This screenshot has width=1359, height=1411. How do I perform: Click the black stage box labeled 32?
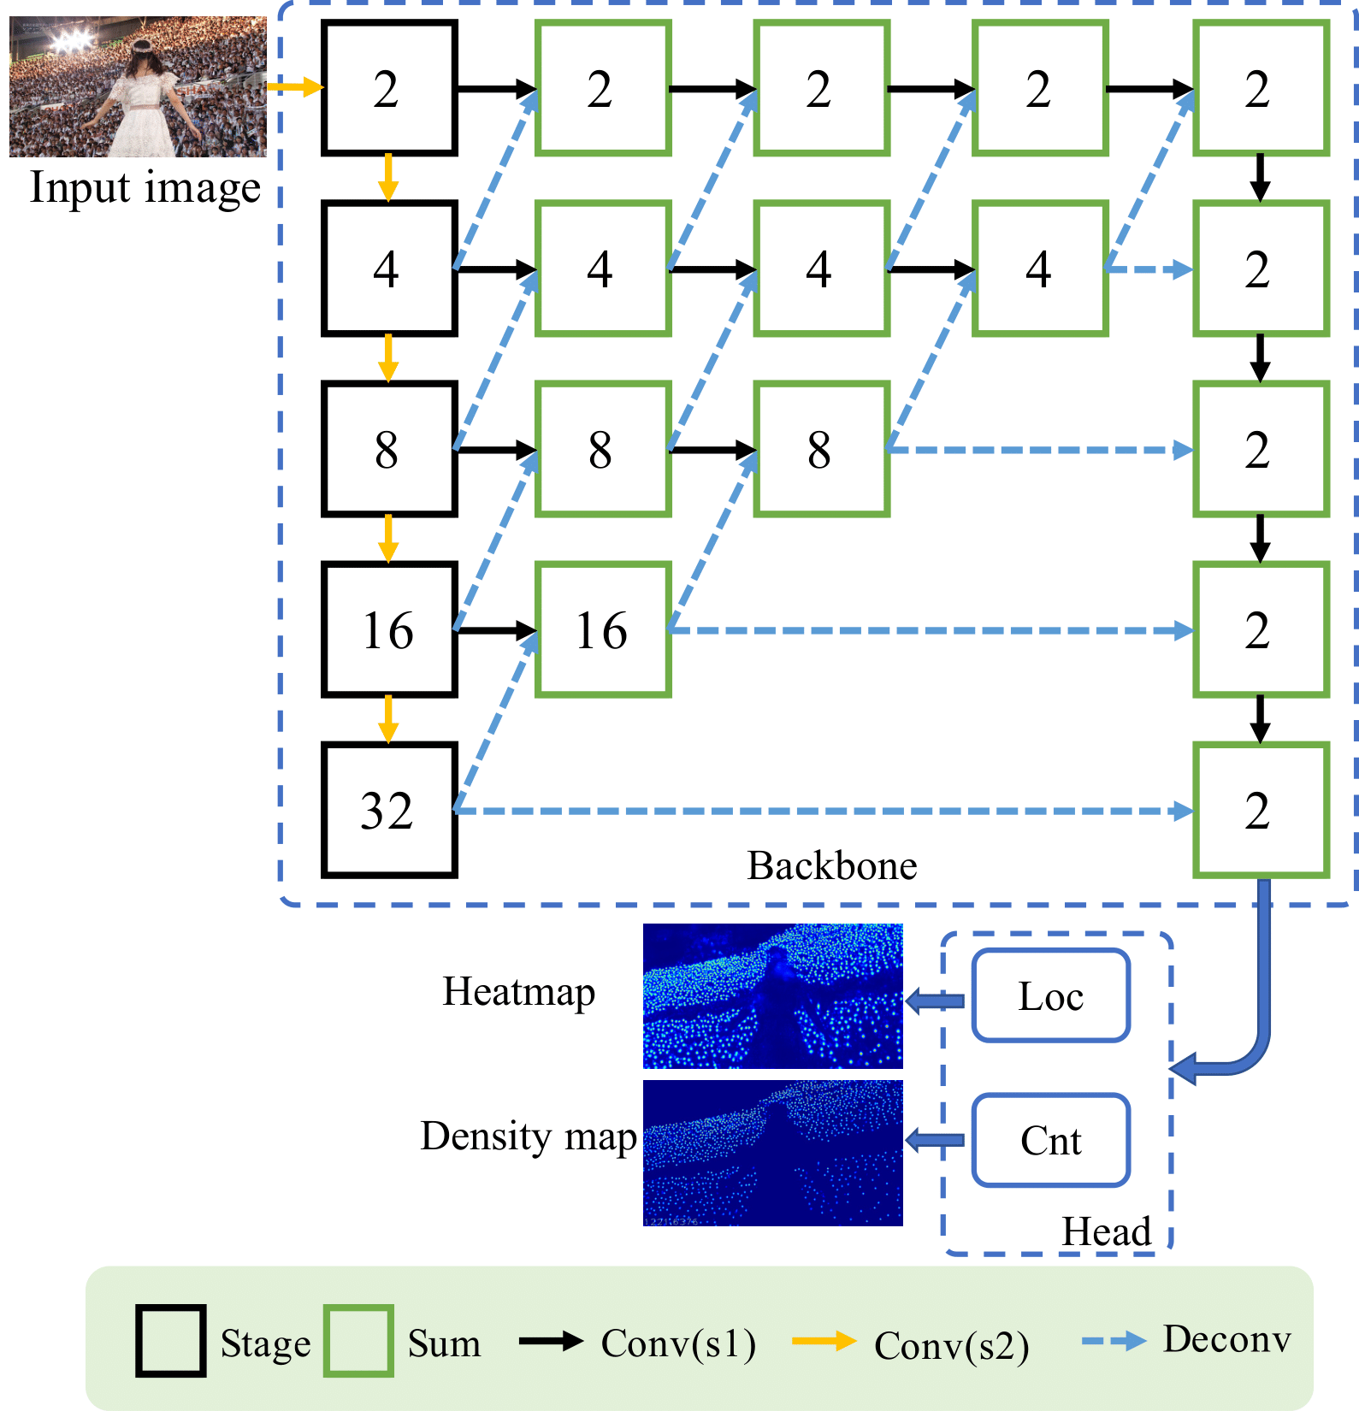pos(389,810)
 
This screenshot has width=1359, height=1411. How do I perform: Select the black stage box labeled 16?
pos(389,629)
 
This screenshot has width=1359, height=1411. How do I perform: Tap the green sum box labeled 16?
pos(603,629)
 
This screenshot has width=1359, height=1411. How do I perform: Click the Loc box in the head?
pos(1051,996)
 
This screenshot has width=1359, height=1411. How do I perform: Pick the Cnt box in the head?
pos(1051,1140)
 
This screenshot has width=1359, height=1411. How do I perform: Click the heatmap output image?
pos(772,996)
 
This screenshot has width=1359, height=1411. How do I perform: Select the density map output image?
pos(772,1153)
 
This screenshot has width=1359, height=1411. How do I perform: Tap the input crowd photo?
pos(138,86)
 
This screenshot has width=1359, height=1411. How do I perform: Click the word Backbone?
pos(831,865)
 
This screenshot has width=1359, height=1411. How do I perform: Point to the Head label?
pos(1106,1231)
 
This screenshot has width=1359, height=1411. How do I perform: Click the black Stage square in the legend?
pos(170,1341)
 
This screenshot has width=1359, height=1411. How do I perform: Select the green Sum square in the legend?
pos(358,1341)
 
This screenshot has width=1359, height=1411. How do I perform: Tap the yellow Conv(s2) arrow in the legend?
pos(824,1341)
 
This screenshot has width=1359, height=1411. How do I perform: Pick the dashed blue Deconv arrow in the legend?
pos(1114,1341)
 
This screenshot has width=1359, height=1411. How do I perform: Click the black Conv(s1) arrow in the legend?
pos(551,1341)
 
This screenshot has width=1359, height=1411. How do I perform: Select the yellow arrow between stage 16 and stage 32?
pos(388,719)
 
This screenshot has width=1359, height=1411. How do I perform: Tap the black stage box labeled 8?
pos(389,449)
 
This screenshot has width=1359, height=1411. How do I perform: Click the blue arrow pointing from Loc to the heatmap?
pos(935,1001)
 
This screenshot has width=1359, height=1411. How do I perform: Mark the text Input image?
pos(145,187)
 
